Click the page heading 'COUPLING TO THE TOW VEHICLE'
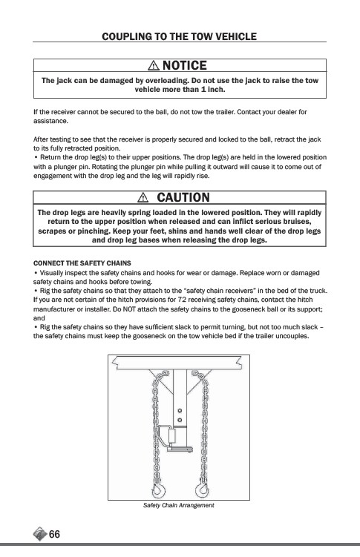click(179, 36)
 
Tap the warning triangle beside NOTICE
click(154, 65)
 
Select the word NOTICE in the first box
click(184, 65)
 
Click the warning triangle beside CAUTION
click(143, 197)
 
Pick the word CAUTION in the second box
click(183, 197)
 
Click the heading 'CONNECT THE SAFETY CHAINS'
click(82, 263)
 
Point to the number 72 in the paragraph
click(182, 300)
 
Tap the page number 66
click(54, 534)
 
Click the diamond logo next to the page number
click(40, 534)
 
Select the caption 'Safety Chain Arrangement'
click(178, 505)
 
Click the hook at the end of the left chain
click(158, 490)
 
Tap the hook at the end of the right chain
click(202, 490)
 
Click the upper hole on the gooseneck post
click(180, 411)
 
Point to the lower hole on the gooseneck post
click(180, 420)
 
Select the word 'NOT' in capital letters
click(129, 309)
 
